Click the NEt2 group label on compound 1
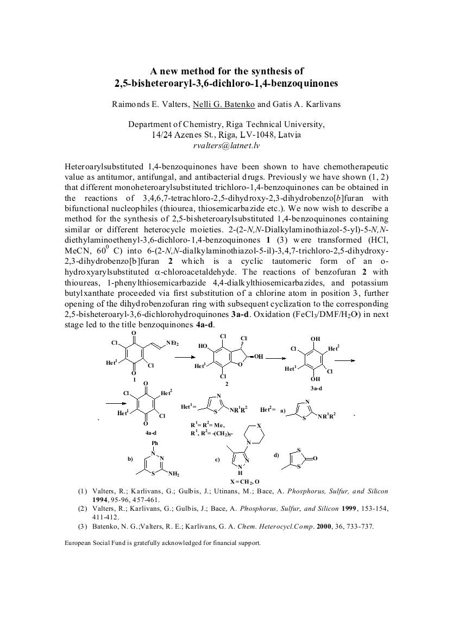(x=173, y=343)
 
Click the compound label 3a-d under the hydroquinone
(x=316, y=389)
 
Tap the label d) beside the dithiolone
(x=277, y=454)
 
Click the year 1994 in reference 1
(x=102, y=499)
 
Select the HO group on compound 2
(x=203, y=346)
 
